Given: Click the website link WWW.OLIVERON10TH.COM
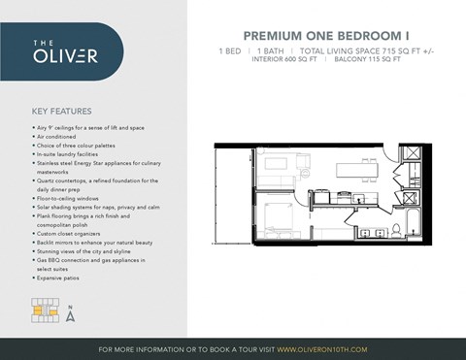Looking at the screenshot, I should pos(321,348).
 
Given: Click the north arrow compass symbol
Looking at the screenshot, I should pos(70,313).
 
